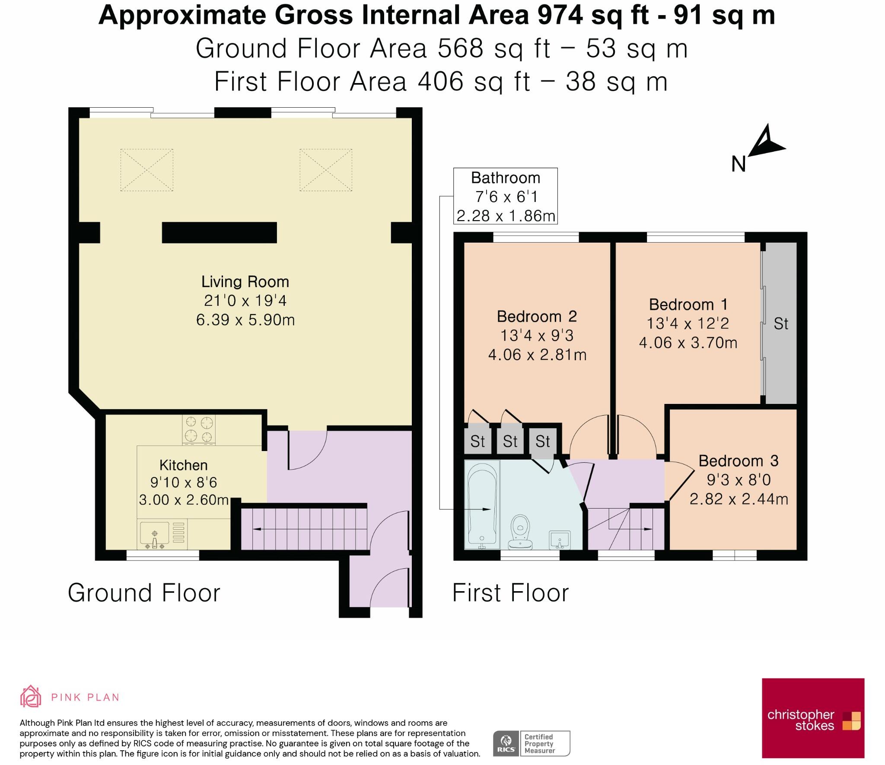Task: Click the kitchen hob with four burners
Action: pyautogui.click(x=199, y=429)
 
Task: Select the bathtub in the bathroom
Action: pyautogui.click(x=482, y=505)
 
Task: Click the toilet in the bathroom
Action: pyautogui.click(x=520, y=531)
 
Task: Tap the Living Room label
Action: pyautogui.click(x=245, y=282)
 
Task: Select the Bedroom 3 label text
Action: pyautogui.click(x=739, y=461)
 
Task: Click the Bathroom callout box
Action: pyautogui.click(x=505, y=196)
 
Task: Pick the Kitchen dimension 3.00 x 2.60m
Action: pyautogui.click(x=184, y=499)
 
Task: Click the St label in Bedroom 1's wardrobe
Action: pyautogui.click(x=781, y=323)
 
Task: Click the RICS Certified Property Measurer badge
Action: pyautogui.click(x=532, y=743)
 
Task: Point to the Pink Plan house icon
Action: pyautogui.click(x=30, y=695)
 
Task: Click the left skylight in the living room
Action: pyautogui.click(x=147, y=170)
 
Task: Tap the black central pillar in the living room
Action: pyautogui.click(x=219, y=233)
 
